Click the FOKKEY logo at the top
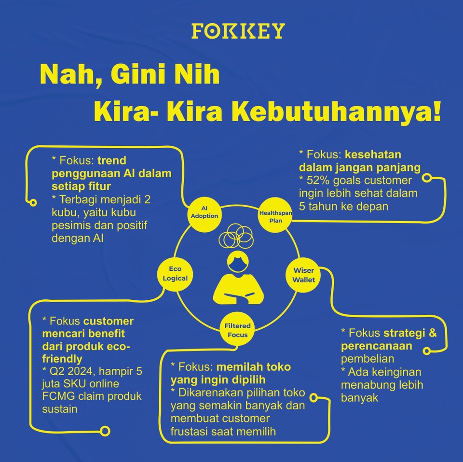coord(238,31)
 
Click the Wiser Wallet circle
coord(303,276)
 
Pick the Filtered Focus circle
coord(237,330)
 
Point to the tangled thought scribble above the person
coord(236,236)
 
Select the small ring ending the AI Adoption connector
coord(33,203)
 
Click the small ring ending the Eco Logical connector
coord(105,431)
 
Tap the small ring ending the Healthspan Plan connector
coord(426,178)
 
